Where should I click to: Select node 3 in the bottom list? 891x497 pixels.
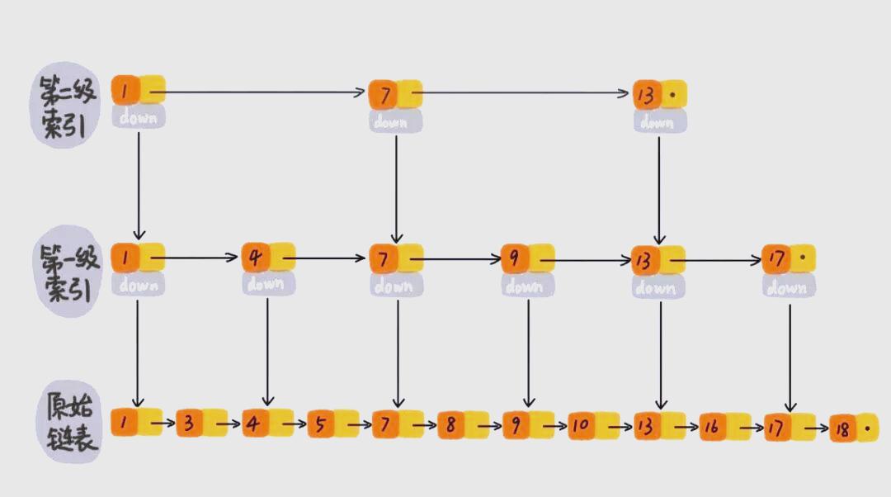189,424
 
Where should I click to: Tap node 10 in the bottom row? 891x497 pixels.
582,425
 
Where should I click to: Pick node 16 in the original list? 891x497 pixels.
713,427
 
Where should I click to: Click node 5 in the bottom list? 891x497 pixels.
321,425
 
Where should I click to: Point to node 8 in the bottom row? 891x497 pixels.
450,425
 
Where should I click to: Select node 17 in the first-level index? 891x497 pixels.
776,258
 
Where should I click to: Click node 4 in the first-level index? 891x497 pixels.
256,258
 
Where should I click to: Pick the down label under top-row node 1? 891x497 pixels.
139,117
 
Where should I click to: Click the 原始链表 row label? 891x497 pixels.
69,424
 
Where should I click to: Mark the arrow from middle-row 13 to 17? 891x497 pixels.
722,260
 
